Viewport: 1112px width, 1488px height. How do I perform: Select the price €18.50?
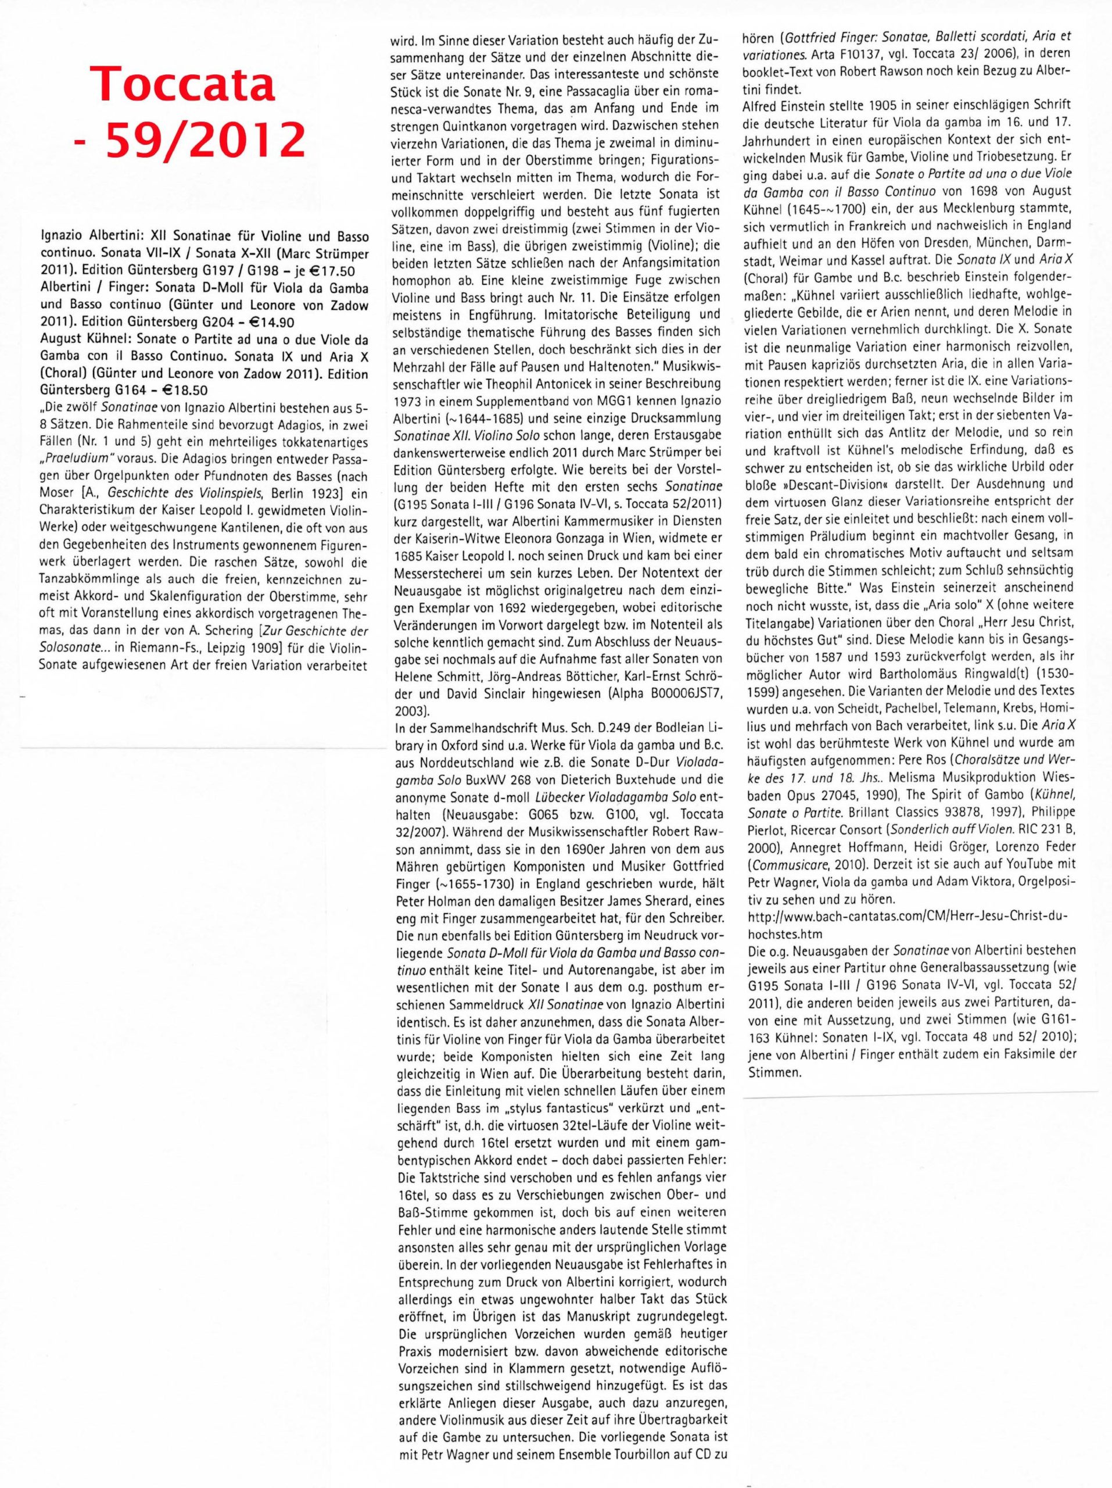(192, 391)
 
